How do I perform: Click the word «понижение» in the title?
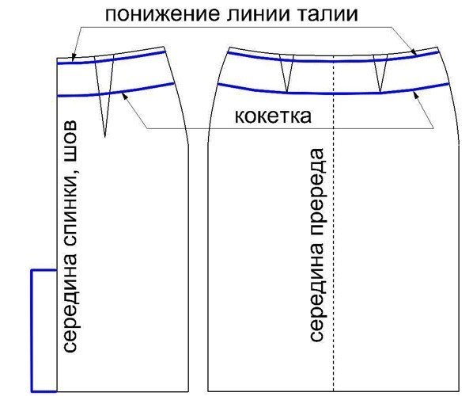point(162,14)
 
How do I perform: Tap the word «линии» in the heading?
point(262,14)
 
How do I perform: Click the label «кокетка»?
point(273,116)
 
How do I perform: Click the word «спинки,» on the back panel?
point(72,206)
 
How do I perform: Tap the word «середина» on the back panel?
point(70,304)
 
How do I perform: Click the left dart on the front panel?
point(286,73)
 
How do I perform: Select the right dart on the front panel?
point(380,73)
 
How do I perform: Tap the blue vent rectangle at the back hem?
point(32,330)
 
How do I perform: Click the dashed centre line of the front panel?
point(334,223)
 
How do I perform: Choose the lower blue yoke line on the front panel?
point(333,93)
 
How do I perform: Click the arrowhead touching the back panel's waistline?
point(73,57)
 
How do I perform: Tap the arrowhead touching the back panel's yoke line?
point(123,95)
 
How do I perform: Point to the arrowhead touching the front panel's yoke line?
point(416,95)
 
